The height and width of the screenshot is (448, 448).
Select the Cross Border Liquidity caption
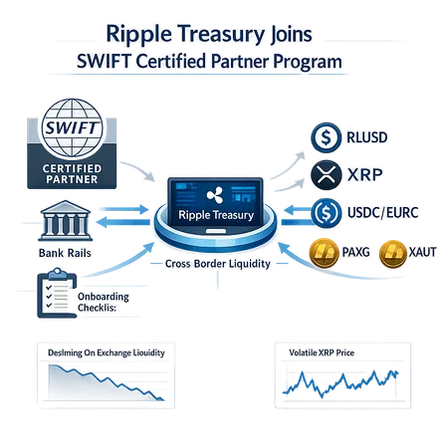pyautogui.click(x=222, y=263)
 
